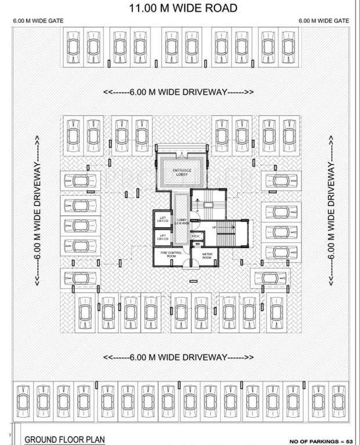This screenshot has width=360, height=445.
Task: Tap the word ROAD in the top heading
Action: coord(221,8)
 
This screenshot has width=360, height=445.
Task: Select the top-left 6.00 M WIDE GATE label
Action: coord(38,20)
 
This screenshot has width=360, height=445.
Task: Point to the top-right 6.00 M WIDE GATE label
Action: coord(323,20)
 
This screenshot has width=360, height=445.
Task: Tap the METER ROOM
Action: coord(209,256)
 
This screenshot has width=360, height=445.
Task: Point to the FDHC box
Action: coord(196,236)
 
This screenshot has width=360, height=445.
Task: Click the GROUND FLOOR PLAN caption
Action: coord(64,439)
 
